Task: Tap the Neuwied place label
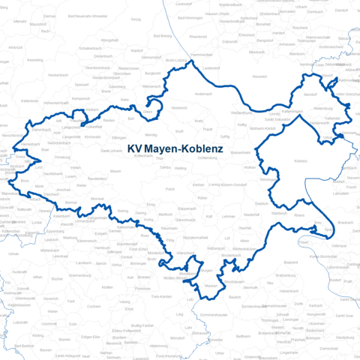259,77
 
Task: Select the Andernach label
203,93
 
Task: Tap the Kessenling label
35,59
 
